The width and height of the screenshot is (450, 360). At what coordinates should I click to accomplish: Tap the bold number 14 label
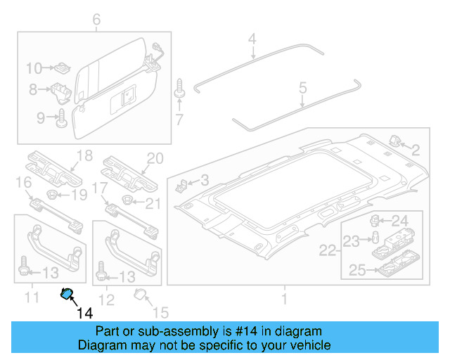84,312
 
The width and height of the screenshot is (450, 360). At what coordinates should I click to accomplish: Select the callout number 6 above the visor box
96,18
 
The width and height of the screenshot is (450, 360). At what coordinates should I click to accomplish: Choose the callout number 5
303,89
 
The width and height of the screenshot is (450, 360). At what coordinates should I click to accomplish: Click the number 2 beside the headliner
416,148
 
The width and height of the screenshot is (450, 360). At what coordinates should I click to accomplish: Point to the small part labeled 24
377,220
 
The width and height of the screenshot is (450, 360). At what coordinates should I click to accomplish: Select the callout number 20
155,157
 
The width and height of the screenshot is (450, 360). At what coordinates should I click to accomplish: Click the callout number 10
34,68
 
